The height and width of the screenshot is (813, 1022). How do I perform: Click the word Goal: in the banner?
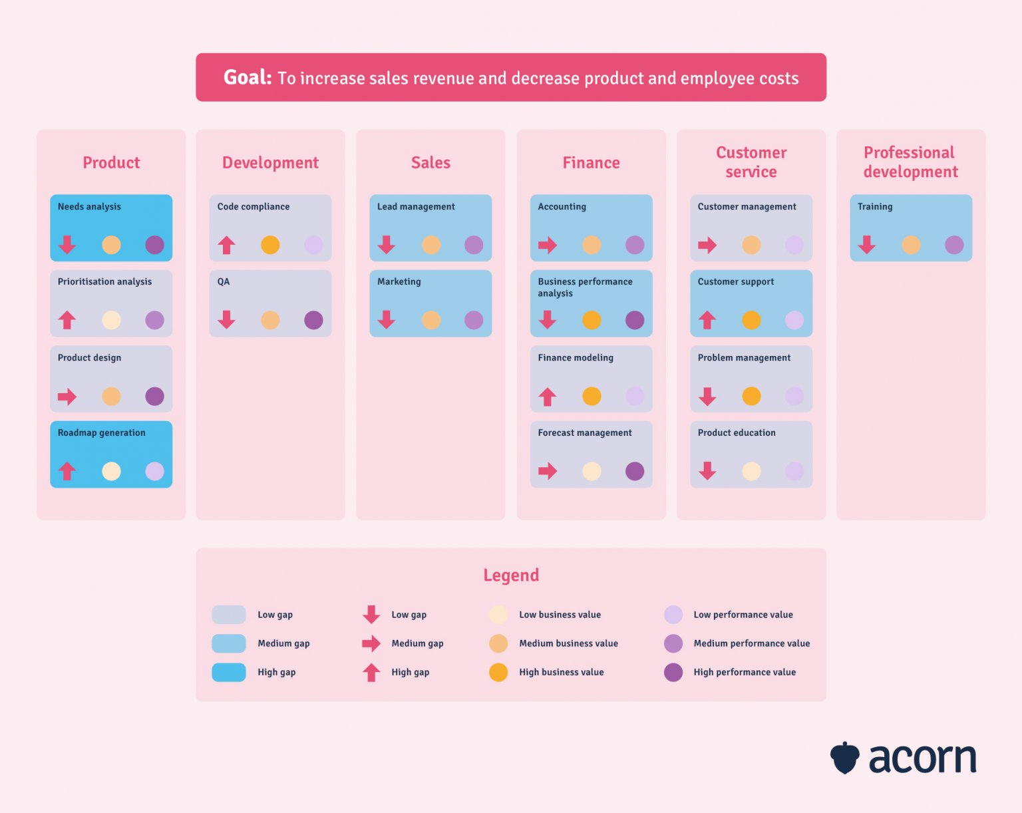pos(247,78)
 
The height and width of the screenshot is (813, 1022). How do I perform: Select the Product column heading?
pos(111,163)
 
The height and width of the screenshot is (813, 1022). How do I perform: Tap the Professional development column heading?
pos(910,162)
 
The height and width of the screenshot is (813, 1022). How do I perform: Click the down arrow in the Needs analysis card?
pos(67,245)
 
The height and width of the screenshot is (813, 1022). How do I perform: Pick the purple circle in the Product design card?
pos(154,397)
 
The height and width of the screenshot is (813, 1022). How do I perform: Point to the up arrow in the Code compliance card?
pos(226,245)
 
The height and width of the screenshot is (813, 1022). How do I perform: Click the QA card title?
pos(224,282)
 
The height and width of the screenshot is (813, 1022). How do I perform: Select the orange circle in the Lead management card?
pos(431,245)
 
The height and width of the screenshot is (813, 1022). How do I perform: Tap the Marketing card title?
pos(399,282)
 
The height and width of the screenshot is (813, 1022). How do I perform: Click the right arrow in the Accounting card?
pos(547,245)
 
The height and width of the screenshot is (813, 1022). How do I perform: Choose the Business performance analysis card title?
pos(585,287)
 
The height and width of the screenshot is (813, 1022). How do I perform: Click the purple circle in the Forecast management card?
pos(635,472)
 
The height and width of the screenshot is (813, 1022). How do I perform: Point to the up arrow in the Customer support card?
pos(707,320)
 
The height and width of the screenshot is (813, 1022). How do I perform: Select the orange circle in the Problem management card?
pos(751,397)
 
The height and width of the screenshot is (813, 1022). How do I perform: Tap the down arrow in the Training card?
pos(866,245)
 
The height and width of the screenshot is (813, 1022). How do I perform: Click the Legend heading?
pos(511,575)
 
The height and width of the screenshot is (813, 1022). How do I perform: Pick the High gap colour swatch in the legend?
pos(228,673)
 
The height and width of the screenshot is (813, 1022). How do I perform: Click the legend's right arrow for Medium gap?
pos(371,643)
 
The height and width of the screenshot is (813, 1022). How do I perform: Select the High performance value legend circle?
pos(673,673)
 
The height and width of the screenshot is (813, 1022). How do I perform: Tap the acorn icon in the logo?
pos(844,758)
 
